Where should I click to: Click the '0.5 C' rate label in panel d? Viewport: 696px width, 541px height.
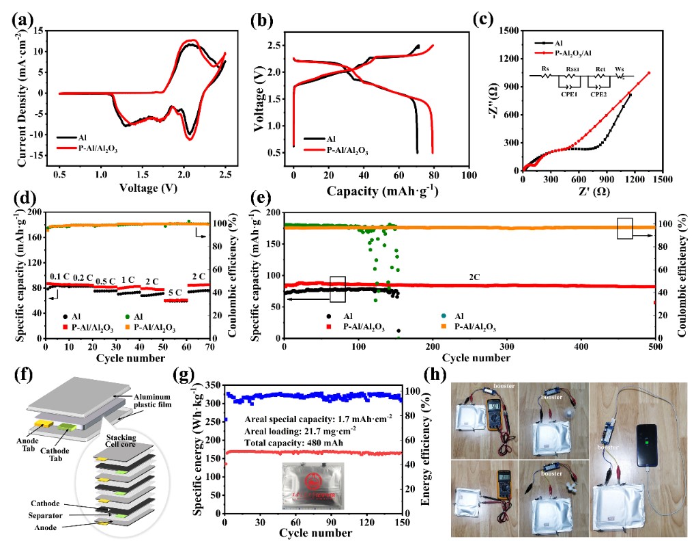(105, 281)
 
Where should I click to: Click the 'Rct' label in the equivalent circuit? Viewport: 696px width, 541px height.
(600, 69)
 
